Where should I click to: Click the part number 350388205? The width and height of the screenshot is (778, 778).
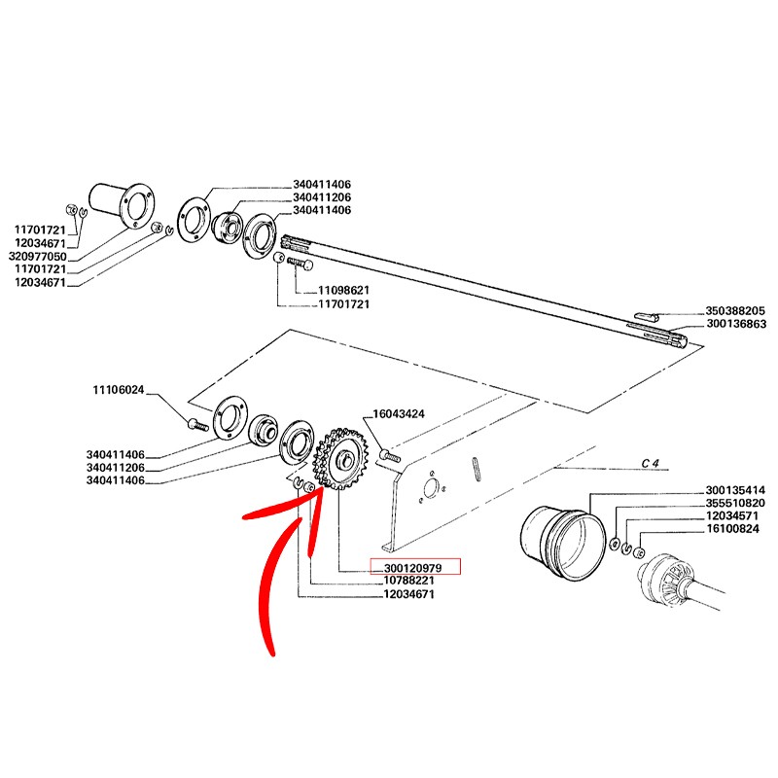click(735, 311)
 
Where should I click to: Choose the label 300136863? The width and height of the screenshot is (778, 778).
click(735, 324)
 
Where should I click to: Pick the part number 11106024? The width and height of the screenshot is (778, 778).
click(119, 390)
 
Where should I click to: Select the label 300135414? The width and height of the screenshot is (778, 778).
click(735, 489)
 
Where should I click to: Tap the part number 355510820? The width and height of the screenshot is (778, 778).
click(735, 503)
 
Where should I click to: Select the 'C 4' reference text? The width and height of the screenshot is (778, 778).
click(651, 463)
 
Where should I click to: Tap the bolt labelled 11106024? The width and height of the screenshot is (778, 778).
click(196, 424)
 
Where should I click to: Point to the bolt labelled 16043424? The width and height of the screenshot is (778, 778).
click(390, 454)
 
